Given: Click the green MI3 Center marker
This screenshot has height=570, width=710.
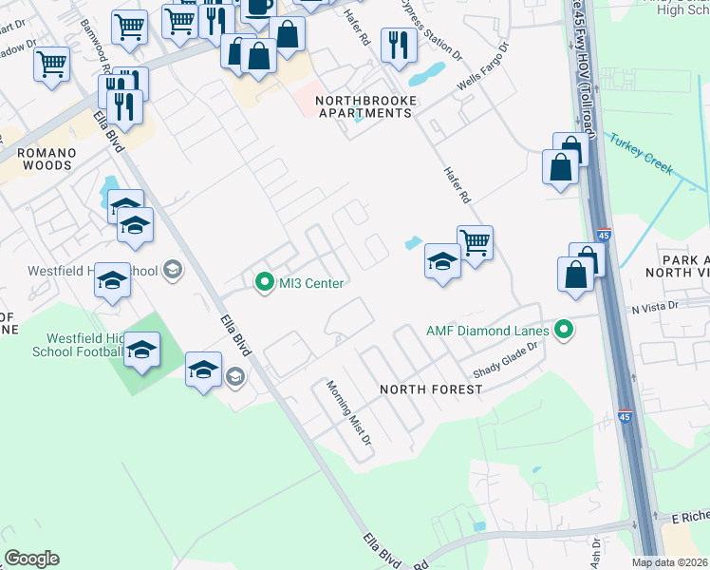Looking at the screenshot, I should [x=264, y=283].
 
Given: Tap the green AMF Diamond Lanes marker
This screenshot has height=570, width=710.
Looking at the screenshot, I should [x=565, y=331].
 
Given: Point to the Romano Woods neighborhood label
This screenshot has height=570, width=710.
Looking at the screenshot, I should [x=35, y=158].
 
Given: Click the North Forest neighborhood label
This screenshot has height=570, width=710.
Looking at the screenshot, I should [x=431, y=389].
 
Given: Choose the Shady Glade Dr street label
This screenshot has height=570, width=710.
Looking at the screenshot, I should [x=499, y=360].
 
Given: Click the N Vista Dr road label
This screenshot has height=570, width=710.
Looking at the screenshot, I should [x=656, y=306].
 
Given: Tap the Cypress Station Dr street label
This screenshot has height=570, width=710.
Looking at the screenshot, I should [x=431, y=29].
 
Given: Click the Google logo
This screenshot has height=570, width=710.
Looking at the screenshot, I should [x=31, y=559].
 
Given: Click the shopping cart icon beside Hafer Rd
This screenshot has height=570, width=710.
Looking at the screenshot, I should [x=475, y=242].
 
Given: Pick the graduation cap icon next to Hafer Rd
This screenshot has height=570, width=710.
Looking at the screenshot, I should [x=442, y=260].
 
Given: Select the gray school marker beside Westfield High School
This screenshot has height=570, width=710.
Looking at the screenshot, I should [x=172, y=271].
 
